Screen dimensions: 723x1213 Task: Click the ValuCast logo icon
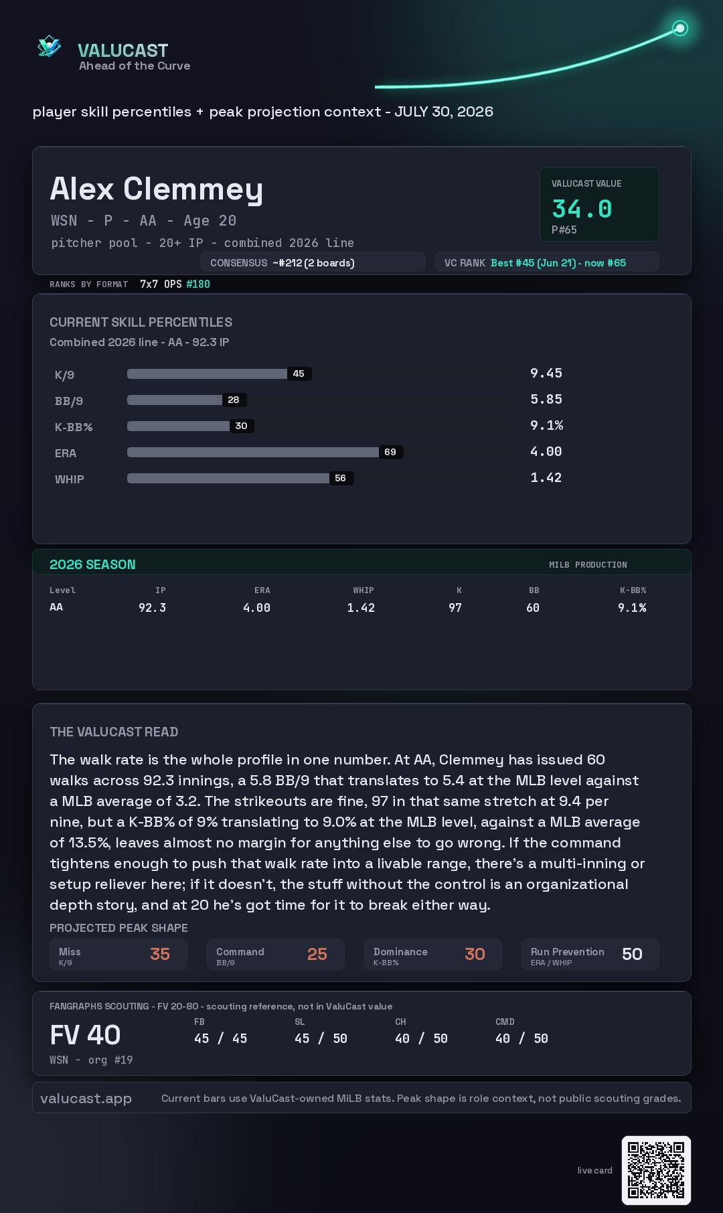click(x=50, y=46)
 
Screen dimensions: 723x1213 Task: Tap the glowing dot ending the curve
click(x=680, y=28)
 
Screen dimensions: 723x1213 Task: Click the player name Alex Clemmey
click(x=157, y=189)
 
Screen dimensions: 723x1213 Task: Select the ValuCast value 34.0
click(x=582, y=209)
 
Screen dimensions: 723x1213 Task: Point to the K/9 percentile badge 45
click(x=299, y=374)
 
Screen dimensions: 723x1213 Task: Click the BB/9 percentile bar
click(x=175, y=400)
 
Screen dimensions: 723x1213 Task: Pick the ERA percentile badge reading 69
click(x=390, y=452)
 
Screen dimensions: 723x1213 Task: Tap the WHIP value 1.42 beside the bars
click(x=546, y=477)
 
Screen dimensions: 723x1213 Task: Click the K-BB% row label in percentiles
click(x=74, y=427)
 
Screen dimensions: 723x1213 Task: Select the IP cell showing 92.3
click(x=153, y=608)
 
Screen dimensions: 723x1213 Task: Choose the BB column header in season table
click(x=534, y=590)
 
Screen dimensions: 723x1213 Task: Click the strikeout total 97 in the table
click(x=455, y=608)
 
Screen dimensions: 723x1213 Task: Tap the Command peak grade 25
click(x=317, y=954)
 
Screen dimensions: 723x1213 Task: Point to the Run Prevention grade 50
click(x=632, y=954)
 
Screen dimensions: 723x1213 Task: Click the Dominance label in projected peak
click(x=400, y=952)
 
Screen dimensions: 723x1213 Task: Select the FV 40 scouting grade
click(x=85, y=1035)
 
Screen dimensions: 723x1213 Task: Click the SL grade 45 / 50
click(x=321, y=1038)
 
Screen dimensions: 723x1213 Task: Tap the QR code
click(x=656, y=1170)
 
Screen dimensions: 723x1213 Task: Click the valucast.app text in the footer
click(x=86, y=1099)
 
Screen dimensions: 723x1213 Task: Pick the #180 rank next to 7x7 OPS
click(x=198, y=284)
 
